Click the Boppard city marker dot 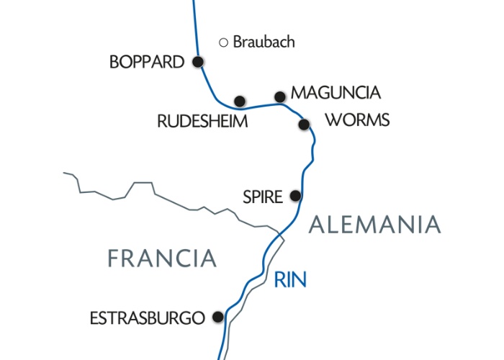tap(198, 62)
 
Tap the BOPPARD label tap(147, 63)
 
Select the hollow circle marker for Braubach tap(223, 42)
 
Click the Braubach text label tap(264, 42)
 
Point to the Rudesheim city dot tap(240, 101)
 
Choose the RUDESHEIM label tap(202, 122)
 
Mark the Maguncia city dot tap(280, 96)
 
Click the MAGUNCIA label tap(334, 94)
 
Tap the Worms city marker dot tap(304, 125)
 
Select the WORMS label tap(357, 120)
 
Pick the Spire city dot tap(294, 195)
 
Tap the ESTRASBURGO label tap(147, 317)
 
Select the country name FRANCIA tap(162, 258)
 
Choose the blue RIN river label tap(290, 278)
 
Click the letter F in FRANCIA tap(114, 258)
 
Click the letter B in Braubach tap(238, 42)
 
